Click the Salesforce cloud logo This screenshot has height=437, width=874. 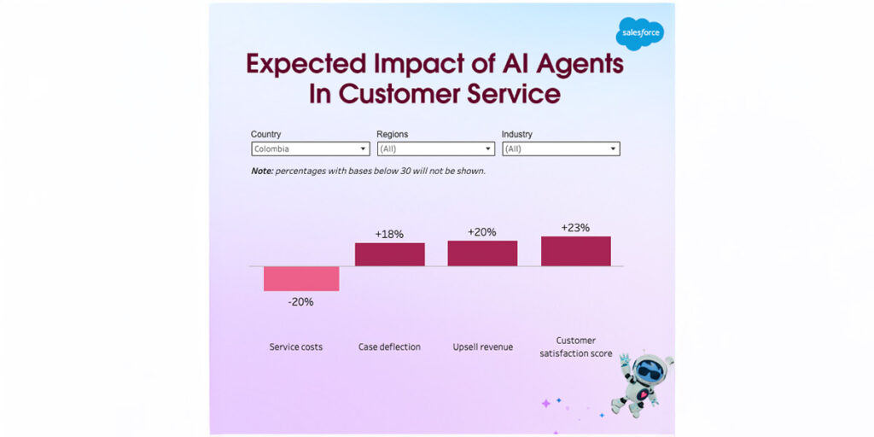pos(639,33)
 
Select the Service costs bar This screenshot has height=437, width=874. pos(301,278)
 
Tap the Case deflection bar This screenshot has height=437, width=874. pos(389,254)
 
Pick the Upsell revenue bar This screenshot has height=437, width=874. pos(482,253)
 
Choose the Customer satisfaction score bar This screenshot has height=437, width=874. pos(575,251)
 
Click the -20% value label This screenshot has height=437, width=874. pos(300,301)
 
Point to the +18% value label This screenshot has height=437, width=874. pos(389,233)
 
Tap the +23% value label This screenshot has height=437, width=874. pos(575,227)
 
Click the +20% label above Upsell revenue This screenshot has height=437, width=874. pos(482,231)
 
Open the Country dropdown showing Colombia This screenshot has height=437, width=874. pos(310,149)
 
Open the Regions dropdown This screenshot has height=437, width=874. pos(435,149)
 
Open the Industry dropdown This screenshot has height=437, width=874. pos(560,149)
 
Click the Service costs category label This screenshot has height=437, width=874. pos(296,347)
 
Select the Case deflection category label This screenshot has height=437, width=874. pos(389,347)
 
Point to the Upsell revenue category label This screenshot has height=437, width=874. pos(482,347)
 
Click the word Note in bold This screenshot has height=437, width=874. pos(261,171)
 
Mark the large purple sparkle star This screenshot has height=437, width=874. pos(546,403)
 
